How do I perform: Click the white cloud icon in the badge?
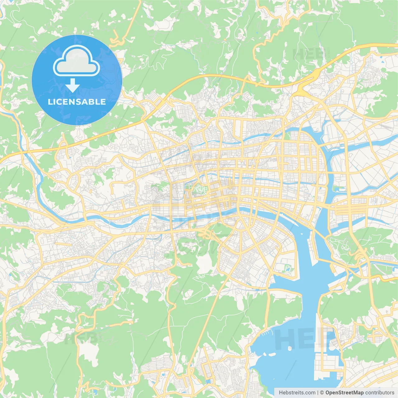click(76, 61)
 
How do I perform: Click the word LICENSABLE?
click(77, 102)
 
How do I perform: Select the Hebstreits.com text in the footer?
click(297, 393)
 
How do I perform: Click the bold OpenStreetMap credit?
click(345, 393)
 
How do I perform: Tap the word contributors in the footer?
click(380, 393)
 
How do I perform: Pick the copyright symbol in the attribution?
click(322, 393)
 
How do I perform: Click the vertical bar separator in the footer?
click(318, 393)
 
